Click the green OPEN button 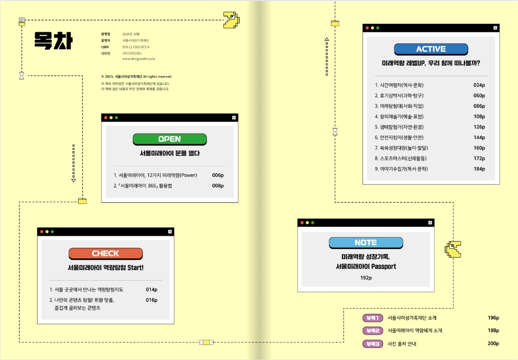tap(170, 139)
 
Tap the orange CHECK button tap(106, 254)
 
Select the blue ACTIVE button tap(431, 49)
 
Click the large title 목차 tap(54, 41)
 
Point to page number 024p tap(479, 85)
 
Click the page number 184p tap(479, 169)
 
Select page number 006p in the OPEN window tap(218, 175)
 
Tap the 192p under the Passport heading tap(366, 278)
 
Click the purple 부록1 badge tap(372, 318)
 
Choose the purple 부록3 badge tap(372, 344)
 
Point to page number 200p tap(493, 344)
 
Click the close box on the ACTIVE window tap(495, 28)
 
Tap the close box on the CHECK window tap(170, 232)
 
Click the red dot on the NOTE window tap(302, 223)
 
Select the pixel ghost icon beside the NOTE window tap(453, 249)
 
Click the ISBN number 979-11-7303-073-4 tap(136, 47)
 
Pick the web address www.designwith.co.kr tap(139, 59)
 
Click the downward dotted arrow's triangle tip tap(74, 180)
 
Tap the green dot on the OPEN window tap(116, 118)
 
